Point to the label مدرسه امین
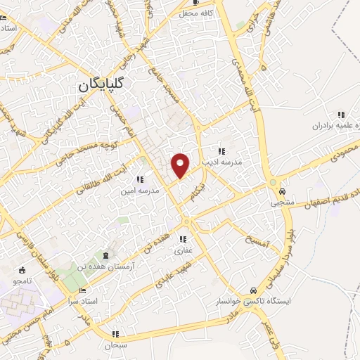tap(139, 190)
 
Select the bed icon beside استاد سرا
tap(84, 290)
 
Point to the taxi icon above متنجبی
tap(281, 191)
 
